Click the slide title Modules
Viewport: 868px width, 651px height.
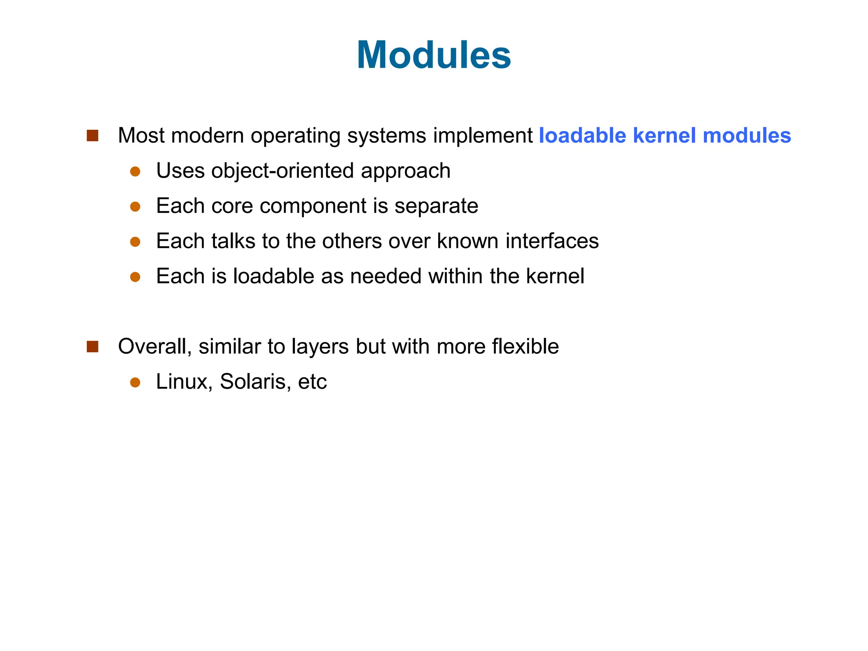pyautogui.click(x=434, y=55)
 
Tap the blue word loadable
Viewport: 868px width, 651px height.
pyautogui.click(x=582, y=136)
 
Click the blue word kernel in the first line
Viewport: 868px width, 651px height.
pyautogui.click(x=664, y=136)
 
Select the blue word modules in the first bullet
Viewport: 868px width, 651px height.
pyautogui.click(x=746, y=136)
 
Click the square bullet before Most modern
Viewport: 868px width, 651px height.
pyautogui.click(x=92, y=136)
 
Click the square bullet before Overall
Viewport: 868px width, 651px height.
pyautogui.click(x=92, y=347)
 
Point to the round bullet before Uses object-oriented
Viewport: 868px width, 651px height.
pyautogui.click(x=135, y=171)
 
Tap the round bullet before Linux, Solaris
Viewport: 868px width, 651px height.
pyautogui.click(x=135, y=382)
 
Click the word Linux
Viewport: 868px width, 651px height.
pyautogui.click(x=184, y=381)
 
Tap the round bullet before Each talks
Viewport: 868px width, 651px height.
pyautogui.click(x=135, y=242)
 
